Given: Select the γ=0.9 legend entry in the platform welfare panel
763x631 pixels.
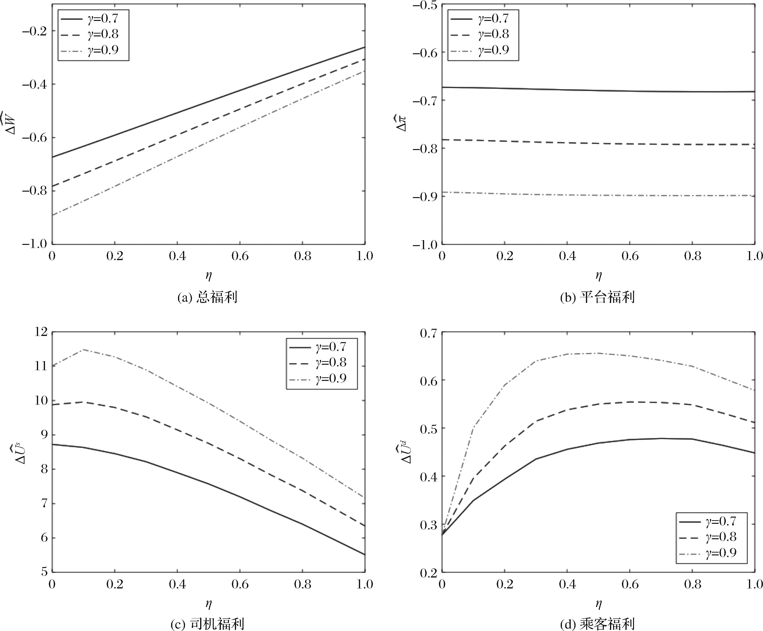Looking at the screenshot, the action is [x=483, y=50].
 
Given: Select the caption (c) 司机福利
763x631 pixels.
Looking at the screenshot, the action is [x=207, y=624].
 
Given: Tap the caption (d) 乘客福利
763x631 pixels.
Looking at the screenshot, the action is [x=598, y=624].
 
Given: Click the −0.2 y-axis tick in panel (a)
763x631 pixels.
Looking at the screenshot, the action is [x=35, y=31].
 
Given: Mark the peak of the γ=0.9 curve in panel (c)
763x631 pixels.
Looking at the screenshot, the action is [x=84, y=349].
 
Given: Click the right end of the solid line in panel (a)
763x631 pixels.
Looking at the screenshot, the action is [x=365, y=47].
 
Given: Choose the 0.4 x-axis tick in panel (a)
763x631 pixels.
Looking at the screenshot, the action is [x=177, y=256].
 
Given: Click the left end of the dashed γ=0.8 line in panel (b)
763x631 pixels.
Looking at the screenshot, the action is [x=442, y=139].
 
